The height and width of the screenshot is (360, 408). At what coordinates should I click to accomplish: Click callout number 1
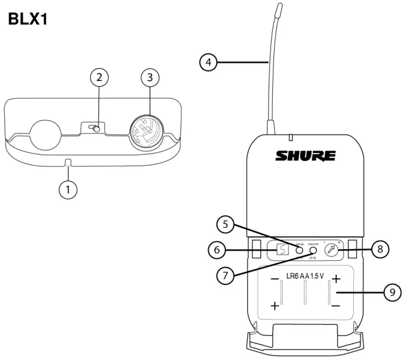click(x=68, y=189)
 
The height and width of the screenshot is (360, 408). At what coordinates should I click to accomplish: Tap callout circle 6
click(x=215, y=249)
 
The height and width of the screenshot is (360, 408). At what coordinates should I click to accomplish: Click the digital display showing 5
click(x=281, y=249)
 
